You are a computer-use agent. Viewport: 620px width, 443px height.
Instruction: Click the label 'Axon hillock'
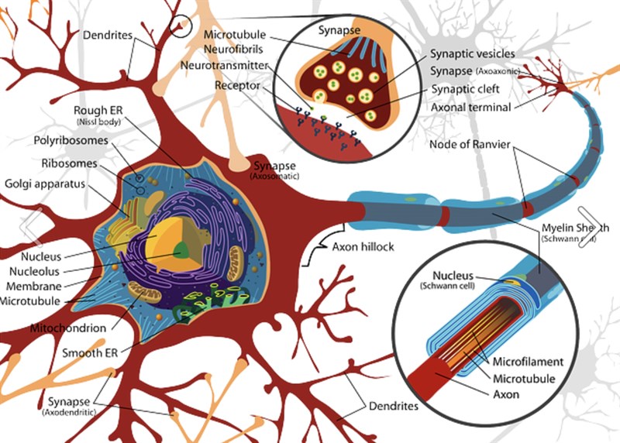tap(363, 248)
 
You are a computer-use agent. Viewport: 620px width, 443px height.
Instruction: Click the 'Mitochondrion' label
tap(67, 328)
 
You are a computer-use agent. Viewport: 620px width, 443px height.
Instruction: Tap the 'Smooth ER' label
tap(91, 352)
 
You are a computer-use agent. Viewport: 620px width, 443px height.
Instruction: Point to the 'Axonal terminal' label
tap(471, 107)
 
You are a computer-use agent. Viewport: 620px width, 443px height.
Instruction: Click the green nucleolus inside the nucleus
tap(181, 249)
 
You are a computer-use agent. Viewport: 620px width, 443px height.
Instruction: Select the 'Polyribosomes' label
tap(71, 141)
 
